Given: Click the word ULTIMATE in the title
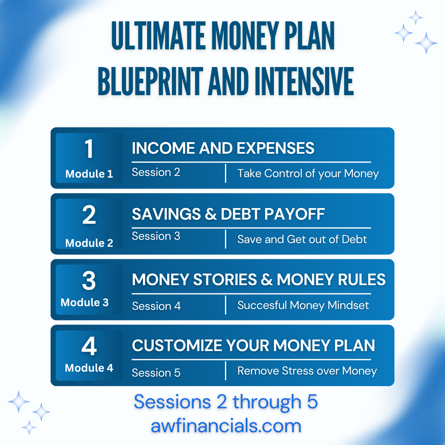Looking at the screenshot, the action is [159, 36].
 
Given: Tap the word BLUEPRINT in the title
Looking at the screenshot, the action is [150, 82].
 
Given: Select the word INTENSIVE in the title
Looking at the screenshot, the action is [304, 82].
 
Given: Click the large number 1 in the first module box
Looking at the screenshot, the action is [89, 149].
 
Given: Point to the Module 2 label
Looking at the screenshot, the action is [89, 243].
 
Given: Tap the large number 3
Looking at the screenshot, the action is [89, 281].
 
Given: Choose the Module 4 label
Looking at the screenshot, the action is [89, 368].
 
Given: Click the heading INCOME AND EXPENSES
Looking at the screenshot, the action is [223, 148].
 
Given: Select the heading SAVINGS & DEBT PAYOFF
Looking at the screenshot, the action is [228, 214].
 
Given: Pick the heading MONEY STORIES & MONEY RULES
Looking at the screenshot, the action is [259, 279].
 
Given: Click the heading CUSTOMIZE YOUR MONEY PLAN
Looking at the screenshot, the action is [253, 345].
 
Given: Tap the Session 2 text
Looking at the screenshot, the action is [156, 172].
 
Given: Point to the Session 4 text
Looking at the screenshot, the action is [157, 306].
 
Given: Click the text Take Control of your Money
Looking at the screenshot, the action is [308, 173].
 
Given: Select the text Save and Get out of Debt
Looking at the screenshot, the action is [302, 239].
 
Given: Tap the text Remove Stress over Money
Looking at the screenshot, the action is [307, 371].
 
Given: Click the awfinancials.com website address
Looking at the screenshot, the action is [226, 426].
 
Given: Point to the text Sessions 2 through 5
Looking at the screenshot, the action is [226, 402].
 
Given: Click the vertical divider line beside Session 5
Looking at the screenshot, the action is [226, 371].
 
